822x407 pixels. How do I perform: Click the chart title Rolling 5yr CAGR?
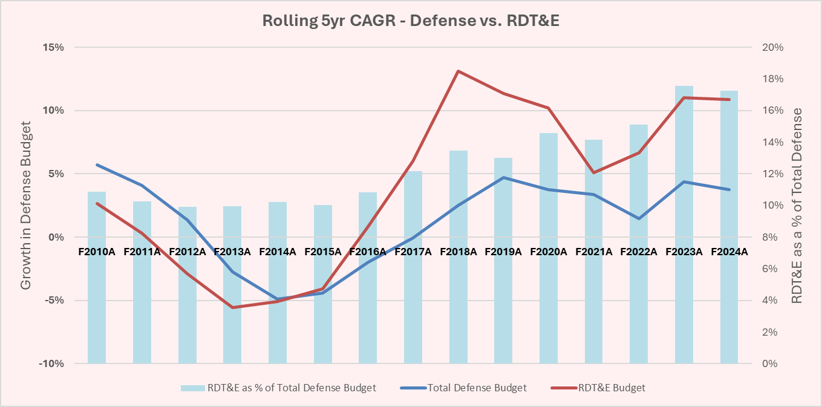411,21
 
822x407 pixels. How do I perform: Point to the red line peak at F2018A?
458,71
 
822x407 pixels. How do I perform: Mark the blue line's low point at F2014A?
278,299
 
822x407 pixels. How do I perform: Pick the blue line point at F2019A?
504,178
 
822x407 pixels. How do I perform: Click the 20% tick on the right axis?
774,47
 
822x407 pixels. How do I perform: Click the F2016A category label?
368,252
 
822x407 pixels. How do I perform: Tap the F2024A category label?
729,252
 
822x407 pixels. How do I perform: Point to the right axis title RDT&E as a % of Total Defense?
797,205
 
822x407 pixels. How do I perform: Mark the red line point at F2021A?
594,172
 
